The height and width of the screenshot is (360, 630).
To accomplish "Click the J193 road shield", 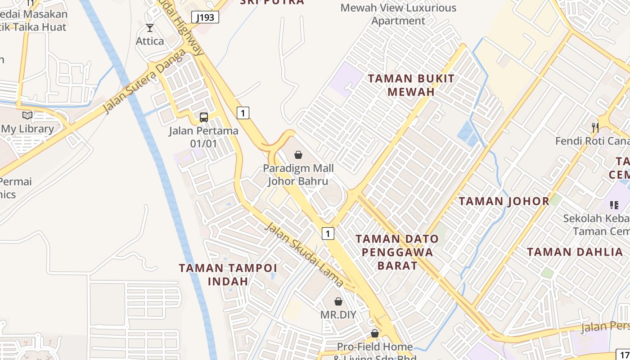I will pos(205,18).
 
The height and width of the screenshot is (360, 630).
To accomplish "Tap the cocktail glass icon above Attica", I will pos(150,28).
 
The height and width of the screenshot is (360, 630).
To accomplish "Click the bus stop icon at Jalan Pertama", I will pos(204,117).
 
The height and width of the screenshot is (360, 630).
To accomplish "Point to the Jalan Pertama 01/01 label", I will pos(203,137).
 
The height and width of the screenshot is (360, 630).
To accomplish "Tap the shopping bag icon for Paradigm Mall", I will pos(298,155).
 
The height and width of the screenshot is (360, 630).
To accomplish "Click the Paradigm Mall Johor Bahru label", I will pos(298,175).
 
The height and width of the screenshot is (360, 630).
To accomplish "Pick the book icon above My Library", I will pos(27,115).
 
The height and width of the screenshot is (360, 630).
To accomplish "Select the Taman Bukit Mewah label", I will pos(411,85).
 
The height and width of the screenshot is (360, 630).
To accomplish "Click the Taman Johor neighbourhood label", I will pos(504,201).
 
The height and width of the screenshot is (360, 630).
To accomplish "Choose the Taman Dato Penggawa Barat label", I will pos(397,252).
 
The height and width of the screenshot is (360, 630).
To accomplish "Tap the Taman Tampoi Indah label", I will pos(228,274).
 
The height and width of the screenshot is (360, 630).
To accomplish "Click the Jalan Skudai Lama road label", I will pos(304,255).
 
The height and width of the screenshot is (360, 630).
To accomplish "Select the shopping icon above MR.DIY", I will pos(338,301).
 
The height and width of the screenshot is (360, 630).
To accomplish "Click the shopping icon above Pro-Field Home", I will pos(374,333).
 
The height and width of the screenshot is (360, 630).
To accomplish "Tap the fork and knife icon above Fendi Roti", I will pos(595,127).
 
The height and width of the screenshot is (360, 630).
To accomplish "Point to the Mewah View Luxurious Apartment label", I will pos(398,14).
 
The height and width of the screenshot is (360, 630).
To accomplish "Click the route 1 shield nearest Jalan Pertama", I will pos(243,113).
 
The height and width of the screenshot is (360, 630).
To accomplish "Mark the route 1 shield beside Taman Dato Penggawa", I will pos(328,234).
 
